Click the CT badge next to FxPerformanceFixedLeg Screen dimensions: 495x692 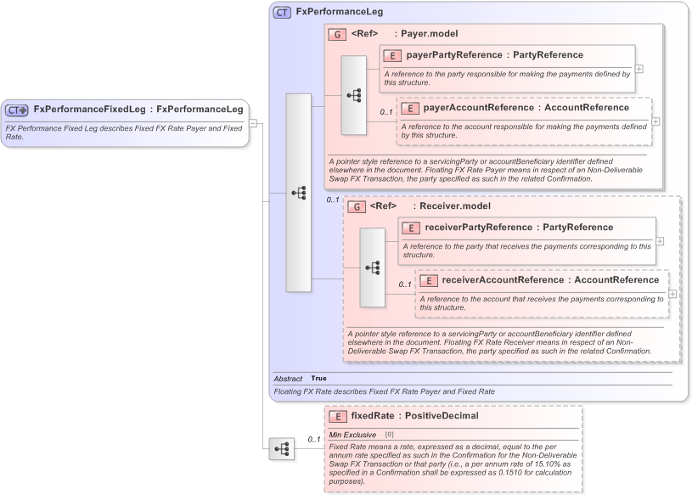(x=17, y=110)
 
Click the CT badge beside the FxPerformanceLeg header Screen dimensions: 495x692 (x=282, y=13)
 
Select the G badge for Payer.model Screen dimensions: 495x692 (x=337, y=34)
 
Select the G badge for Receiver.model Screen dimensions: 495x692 (x=356, y=206)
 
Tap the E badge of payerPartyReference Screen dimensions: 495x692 (x=392, y=55)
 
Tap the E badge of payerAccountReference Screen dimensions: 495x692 (x=409, y=108)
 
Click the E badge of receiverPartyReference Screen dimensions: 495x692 (x=411, y=228)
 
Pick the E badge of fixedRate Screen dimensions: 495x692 (x=337, y=416)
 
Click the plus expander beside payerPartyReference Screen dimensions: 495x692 (x=639, y=70)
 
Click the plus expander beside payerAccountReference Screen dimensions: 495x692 (x=655, y=122)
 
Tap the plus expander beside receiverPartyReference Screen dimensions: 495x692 (x=659, y=241)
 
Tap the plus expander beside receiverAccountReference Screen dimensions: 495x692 (x=672, y=294)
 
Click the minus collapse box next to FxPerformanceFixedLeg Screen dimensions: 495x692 (x=252, y=123)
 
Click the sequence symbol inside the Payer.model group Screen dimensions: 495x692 (x=353, y=95)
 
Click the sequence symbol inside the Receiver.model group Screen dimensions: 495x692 (x=372, y=267)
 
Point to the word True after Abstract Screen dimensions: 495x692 (x=318, y=379)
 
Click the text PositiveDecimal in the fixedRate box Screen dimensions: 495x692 (x=442, y=416)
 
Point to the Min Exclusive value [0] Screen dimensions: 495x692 (x=390, y=435)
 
